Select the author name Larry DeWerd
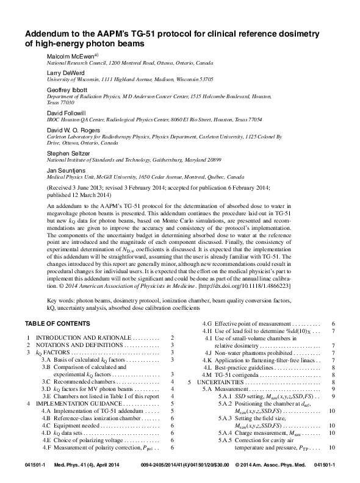(65, 73)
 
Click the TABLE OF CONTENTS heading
(58, 323)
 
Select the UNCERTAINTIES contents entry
(223, 382)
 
